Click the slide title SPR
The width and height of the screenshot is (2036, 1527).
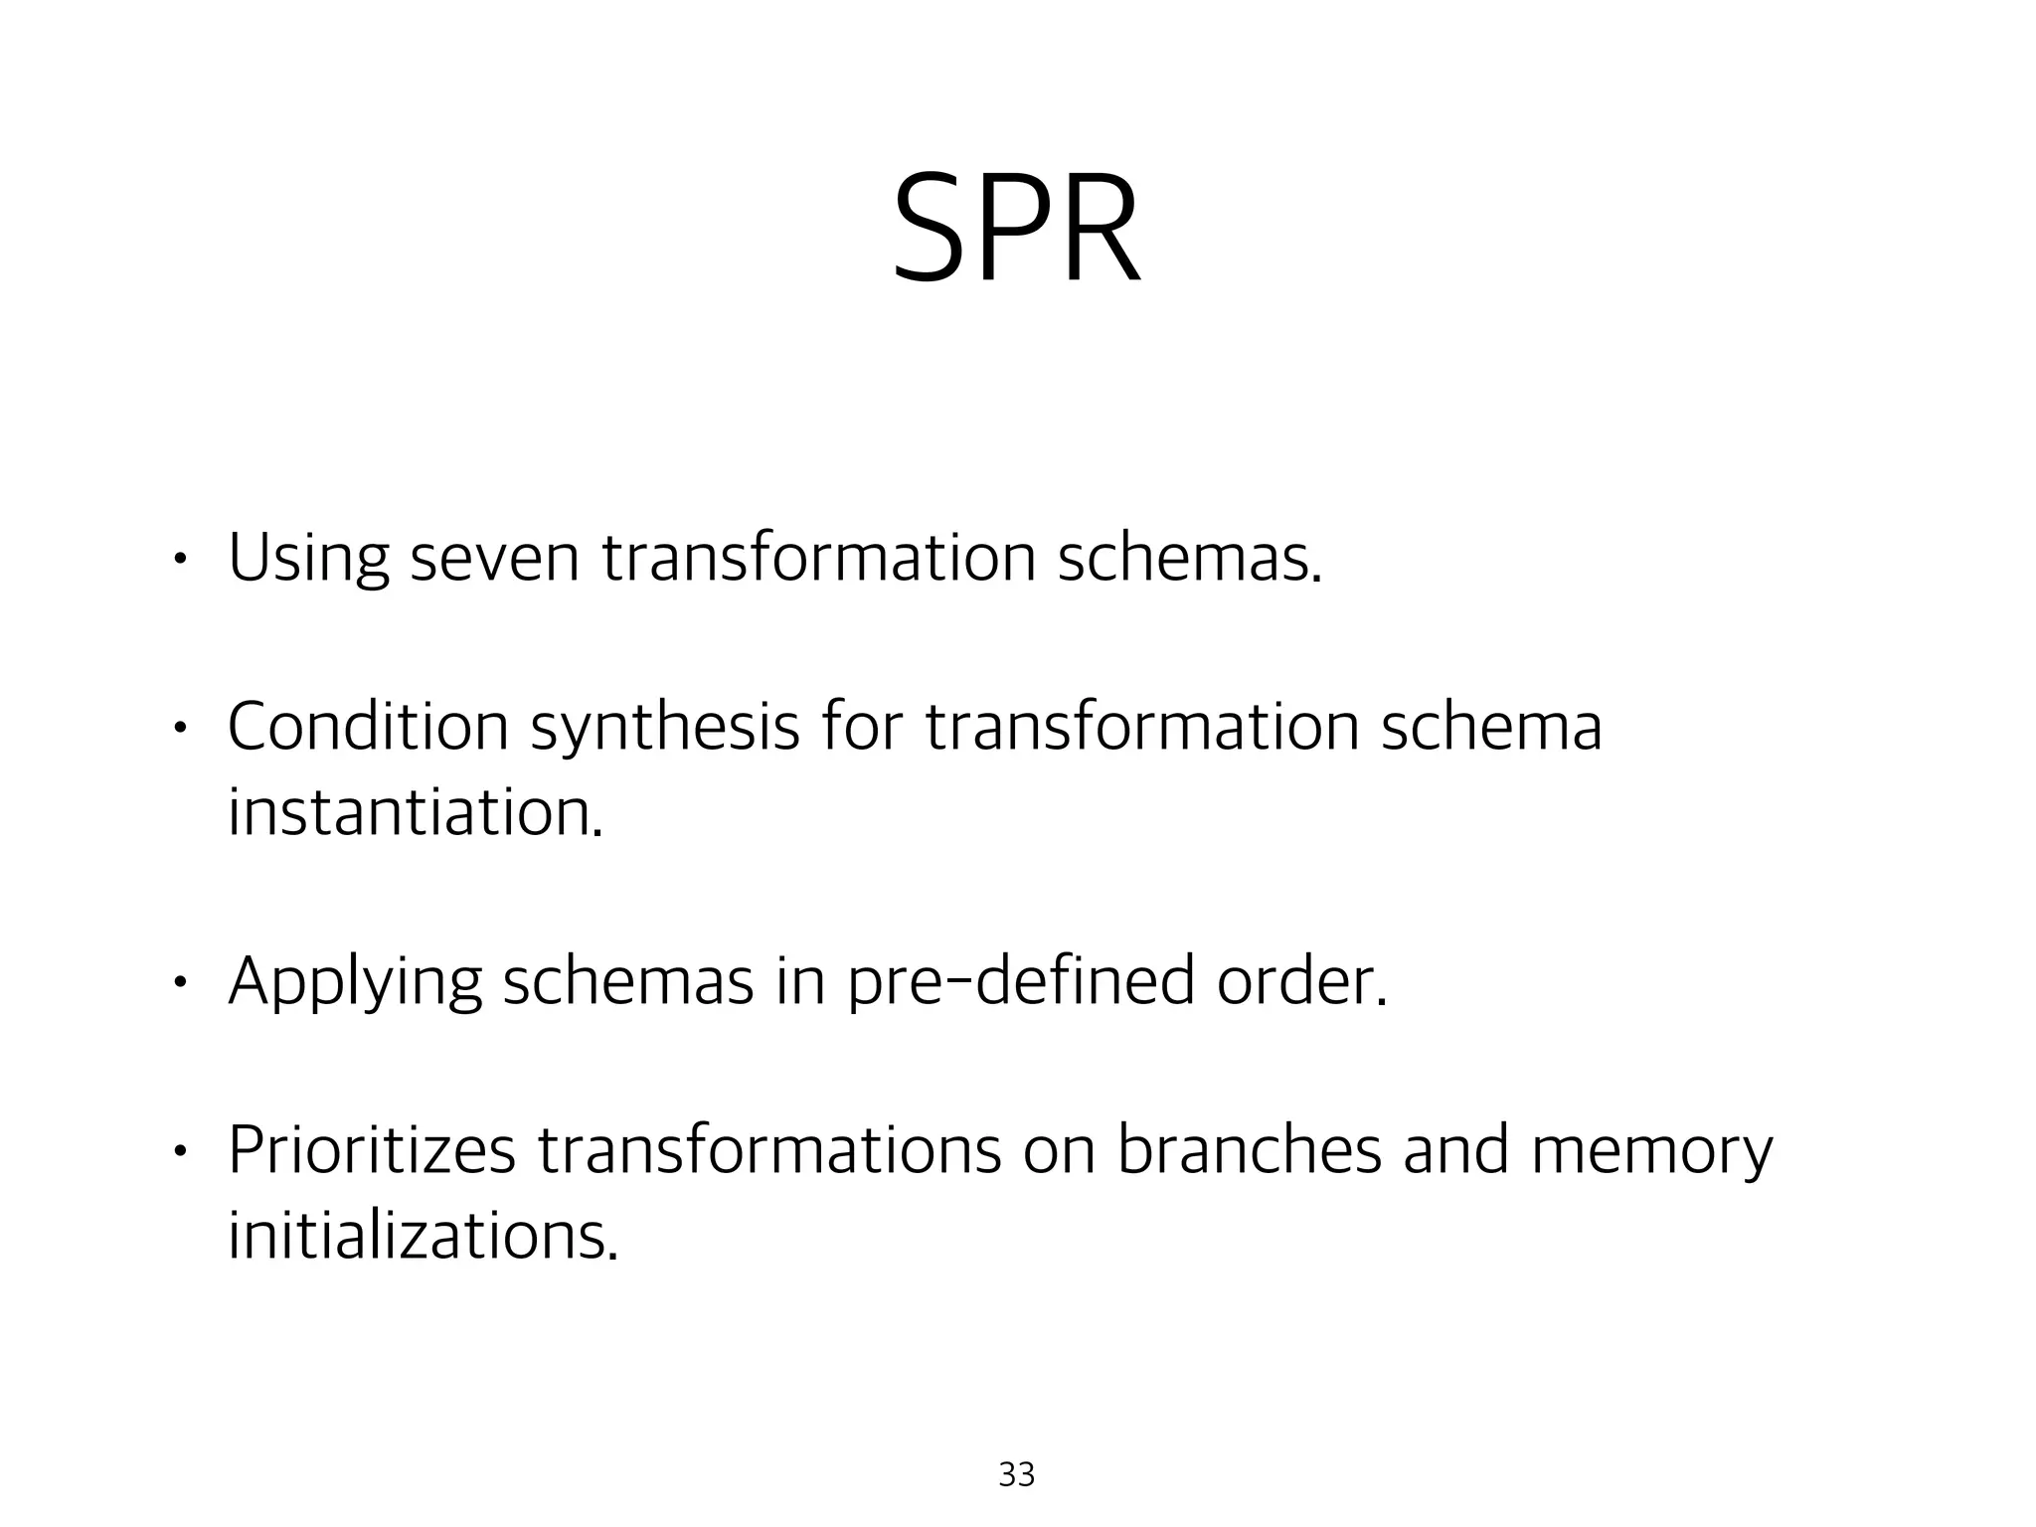1016,231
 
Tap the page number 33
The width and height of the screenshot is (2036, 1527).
1016,1474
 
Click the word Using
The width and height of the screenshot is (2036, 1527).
308,559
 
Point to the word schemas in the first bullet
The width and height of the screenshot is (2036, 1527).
1189,559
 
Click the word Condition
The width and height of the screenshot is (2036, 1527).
368,727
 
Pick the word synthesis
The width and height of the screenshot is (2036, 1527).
665,729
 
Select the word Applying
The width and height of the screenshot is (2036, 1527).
355,983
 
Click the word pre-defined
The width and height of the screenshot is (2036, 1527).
1021,983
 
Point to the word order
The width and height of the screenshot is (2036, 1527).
1301,981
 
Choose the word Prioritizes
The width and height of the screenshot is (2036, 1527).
372,1151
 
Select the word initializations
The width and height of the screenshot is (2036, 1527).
423,1236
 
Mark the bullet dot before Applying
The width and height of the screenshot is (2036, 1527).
178,983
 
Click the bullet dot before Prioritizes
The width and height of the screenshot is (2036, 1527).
178,1151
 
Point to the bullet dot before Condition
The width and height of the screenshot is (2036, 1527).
178,729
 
